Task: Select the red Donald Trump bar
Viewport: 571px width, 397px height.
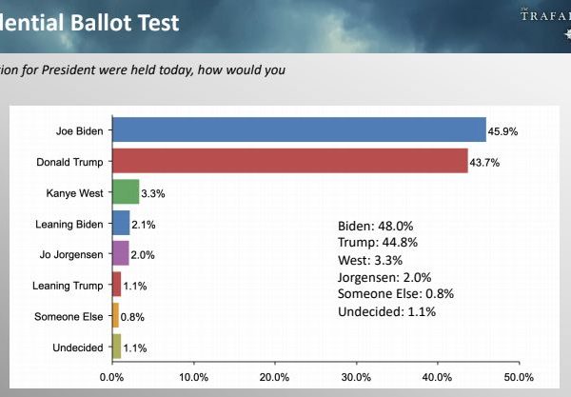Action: [x=289, y=160]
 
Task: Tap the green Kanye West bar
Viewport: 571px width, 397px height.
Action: [x=126, y=191]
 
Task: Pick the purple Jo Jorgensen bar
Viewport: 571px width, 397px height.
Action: [x=120, y=253]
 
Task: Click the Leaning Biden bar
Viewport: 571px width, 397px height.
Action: [x=121, y=223]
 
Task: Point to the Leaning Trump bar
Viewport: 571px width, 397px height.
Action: [x=116, y=284]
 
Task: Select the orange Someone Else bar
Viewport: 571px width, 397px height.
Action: [x=115, y=315]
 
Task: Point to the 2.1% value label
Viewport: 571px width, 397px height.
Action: [x=145, y=223]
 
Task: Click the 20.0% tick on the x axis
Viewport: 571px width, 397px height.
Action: [x=274, y=376]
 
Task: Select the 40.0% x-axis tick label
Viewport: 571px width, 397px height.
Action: [x=438, y=376]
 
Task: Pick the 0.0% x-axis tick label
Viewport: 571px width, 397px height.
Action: [x=111, y=376]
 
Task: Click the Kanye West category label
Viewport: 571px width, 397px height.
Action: [x=74, y=192]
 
